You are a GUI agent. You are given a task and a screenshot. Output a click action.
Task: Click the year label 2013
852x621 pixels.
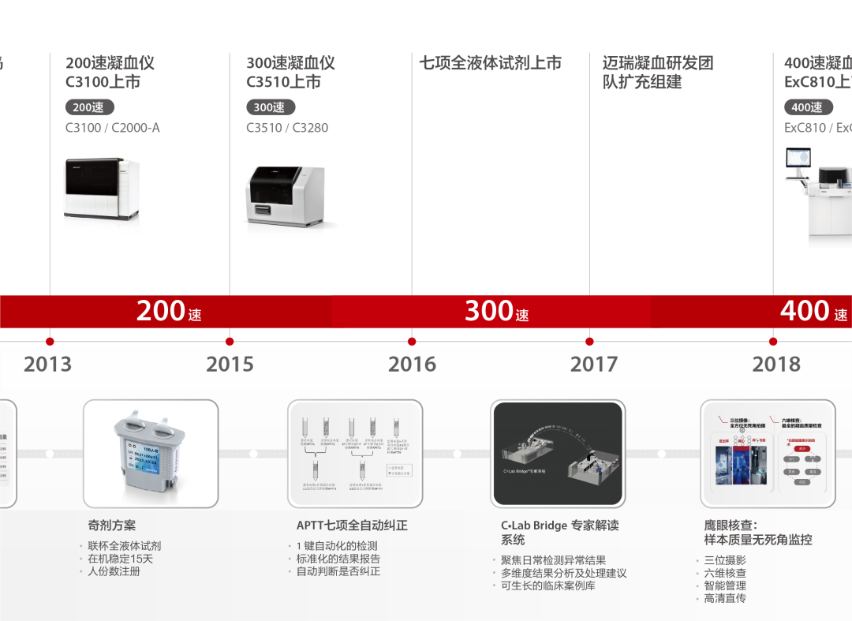47,364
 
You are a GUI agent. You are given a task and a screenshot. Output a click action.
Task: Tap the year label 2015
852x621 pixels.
230,364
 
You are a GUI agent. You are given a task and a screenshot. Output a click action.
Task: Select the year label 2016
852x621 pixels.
412,364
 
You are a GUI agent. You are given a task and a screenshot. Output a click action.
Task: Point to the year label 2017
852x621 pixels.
594,364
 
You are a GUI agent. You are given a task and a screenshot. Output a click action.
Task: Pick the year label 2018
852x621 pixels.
776,364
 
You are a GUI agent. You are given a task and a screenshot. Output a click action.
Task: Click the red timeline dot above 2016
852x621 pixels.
412,342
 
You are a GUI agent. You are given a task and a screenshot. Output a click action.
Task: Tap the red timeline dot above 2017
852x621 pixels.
590,342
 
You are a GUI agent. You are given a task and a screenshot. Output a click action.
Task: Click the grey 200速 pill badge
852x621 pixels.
89,107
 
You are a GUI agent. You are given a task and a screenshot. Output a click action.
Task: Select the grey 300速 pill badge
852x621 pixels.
271,107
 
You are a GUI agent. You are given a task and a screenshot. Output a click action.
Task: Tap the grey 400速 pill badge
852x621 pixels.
808,107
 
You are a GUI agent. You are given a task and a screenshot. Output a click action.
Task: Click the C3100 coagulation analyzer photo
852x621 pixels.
101,189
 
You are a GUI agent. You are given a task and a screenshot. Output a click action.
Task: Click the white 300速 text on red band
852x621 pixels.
496,311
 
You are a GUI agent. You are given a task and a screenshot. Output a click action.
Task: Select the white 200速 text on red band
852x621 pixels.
169,311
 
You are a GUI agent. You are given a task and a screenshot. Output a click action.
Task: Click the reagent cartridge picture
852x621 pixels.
150,454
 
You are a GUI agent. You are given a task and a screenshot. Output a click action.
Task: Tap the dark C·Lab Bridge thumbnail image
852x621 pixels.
557,454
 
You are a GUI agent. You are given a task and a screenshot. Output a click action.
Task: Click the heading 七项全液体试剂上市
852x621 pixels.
490,63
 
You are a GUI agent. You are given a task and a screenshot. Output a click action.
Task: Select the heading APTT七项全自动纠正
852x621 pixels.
352,525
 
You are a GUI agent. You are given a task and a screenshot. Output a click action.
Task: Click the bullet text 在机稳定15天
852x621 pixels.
120,559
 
